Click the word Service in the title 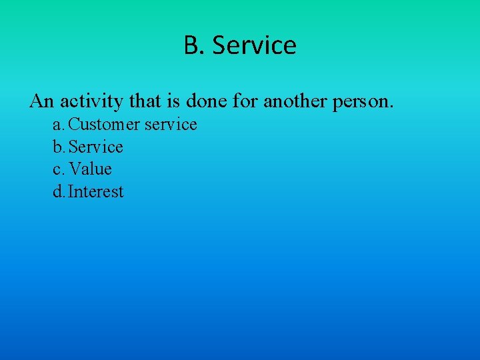pos(253,45)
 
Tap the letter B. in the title pos(194,45)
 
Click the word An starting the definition pos(41,101)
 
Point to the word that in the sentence pos(143,101)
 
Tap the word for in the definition pos(248,101)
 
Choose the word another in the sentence pos(295,101)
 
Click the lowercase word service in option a pos(171,125)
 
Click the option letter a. pos(58,125)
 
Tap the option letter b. pos(58,147)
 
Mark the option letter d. pos(58,192)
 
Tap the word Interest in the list pos(96,192)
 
